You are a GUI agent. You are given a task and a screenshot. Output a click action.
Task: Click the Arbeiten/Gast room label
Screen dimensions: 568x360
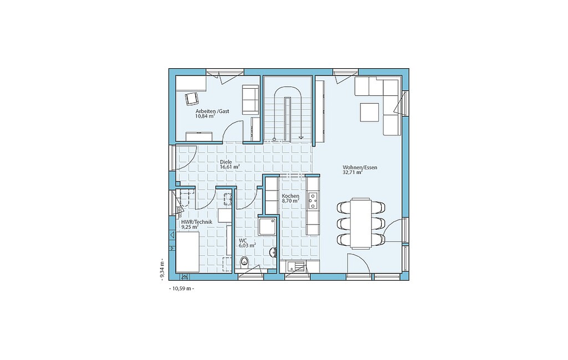212,111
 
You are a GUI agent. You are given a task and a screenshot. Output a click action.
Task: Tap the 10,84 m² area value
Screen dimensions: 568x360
205,116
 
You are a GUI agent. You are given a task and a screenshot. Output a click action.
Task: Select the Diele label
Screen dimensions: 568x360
226,163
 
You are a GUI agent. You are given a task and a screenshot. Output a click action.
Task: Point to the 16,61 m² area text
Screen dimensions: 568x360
230,168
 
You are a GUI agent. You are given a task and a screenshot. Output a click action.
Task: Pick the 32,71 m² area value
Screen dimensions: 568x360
352,173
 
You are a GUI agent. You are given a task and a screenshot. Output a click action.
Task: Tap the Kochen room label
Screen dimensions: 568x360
291,196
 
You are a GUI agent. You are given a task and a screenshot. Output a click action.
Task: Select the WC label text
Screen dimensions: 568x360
242,240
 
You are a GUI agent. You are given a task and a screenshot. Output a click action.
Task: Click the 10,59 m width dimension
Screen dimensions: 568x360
181,288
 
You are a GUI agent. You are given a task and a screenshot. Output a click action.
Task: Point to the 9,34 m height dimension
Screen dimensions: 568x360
163,268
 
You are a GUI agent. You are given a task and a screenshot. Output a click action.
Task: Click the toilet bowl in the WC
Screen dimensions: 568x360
245,261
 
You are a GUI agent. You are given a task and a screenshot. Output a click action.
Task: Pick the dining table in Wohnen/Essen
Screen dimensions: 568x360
361,223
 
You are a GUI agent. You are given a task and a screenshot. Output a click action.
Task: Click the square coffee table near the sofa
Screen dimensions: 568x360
369,112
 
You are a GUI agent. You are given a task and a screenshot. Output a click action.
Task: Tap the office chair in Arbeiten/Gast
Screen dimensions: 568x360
191,99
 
